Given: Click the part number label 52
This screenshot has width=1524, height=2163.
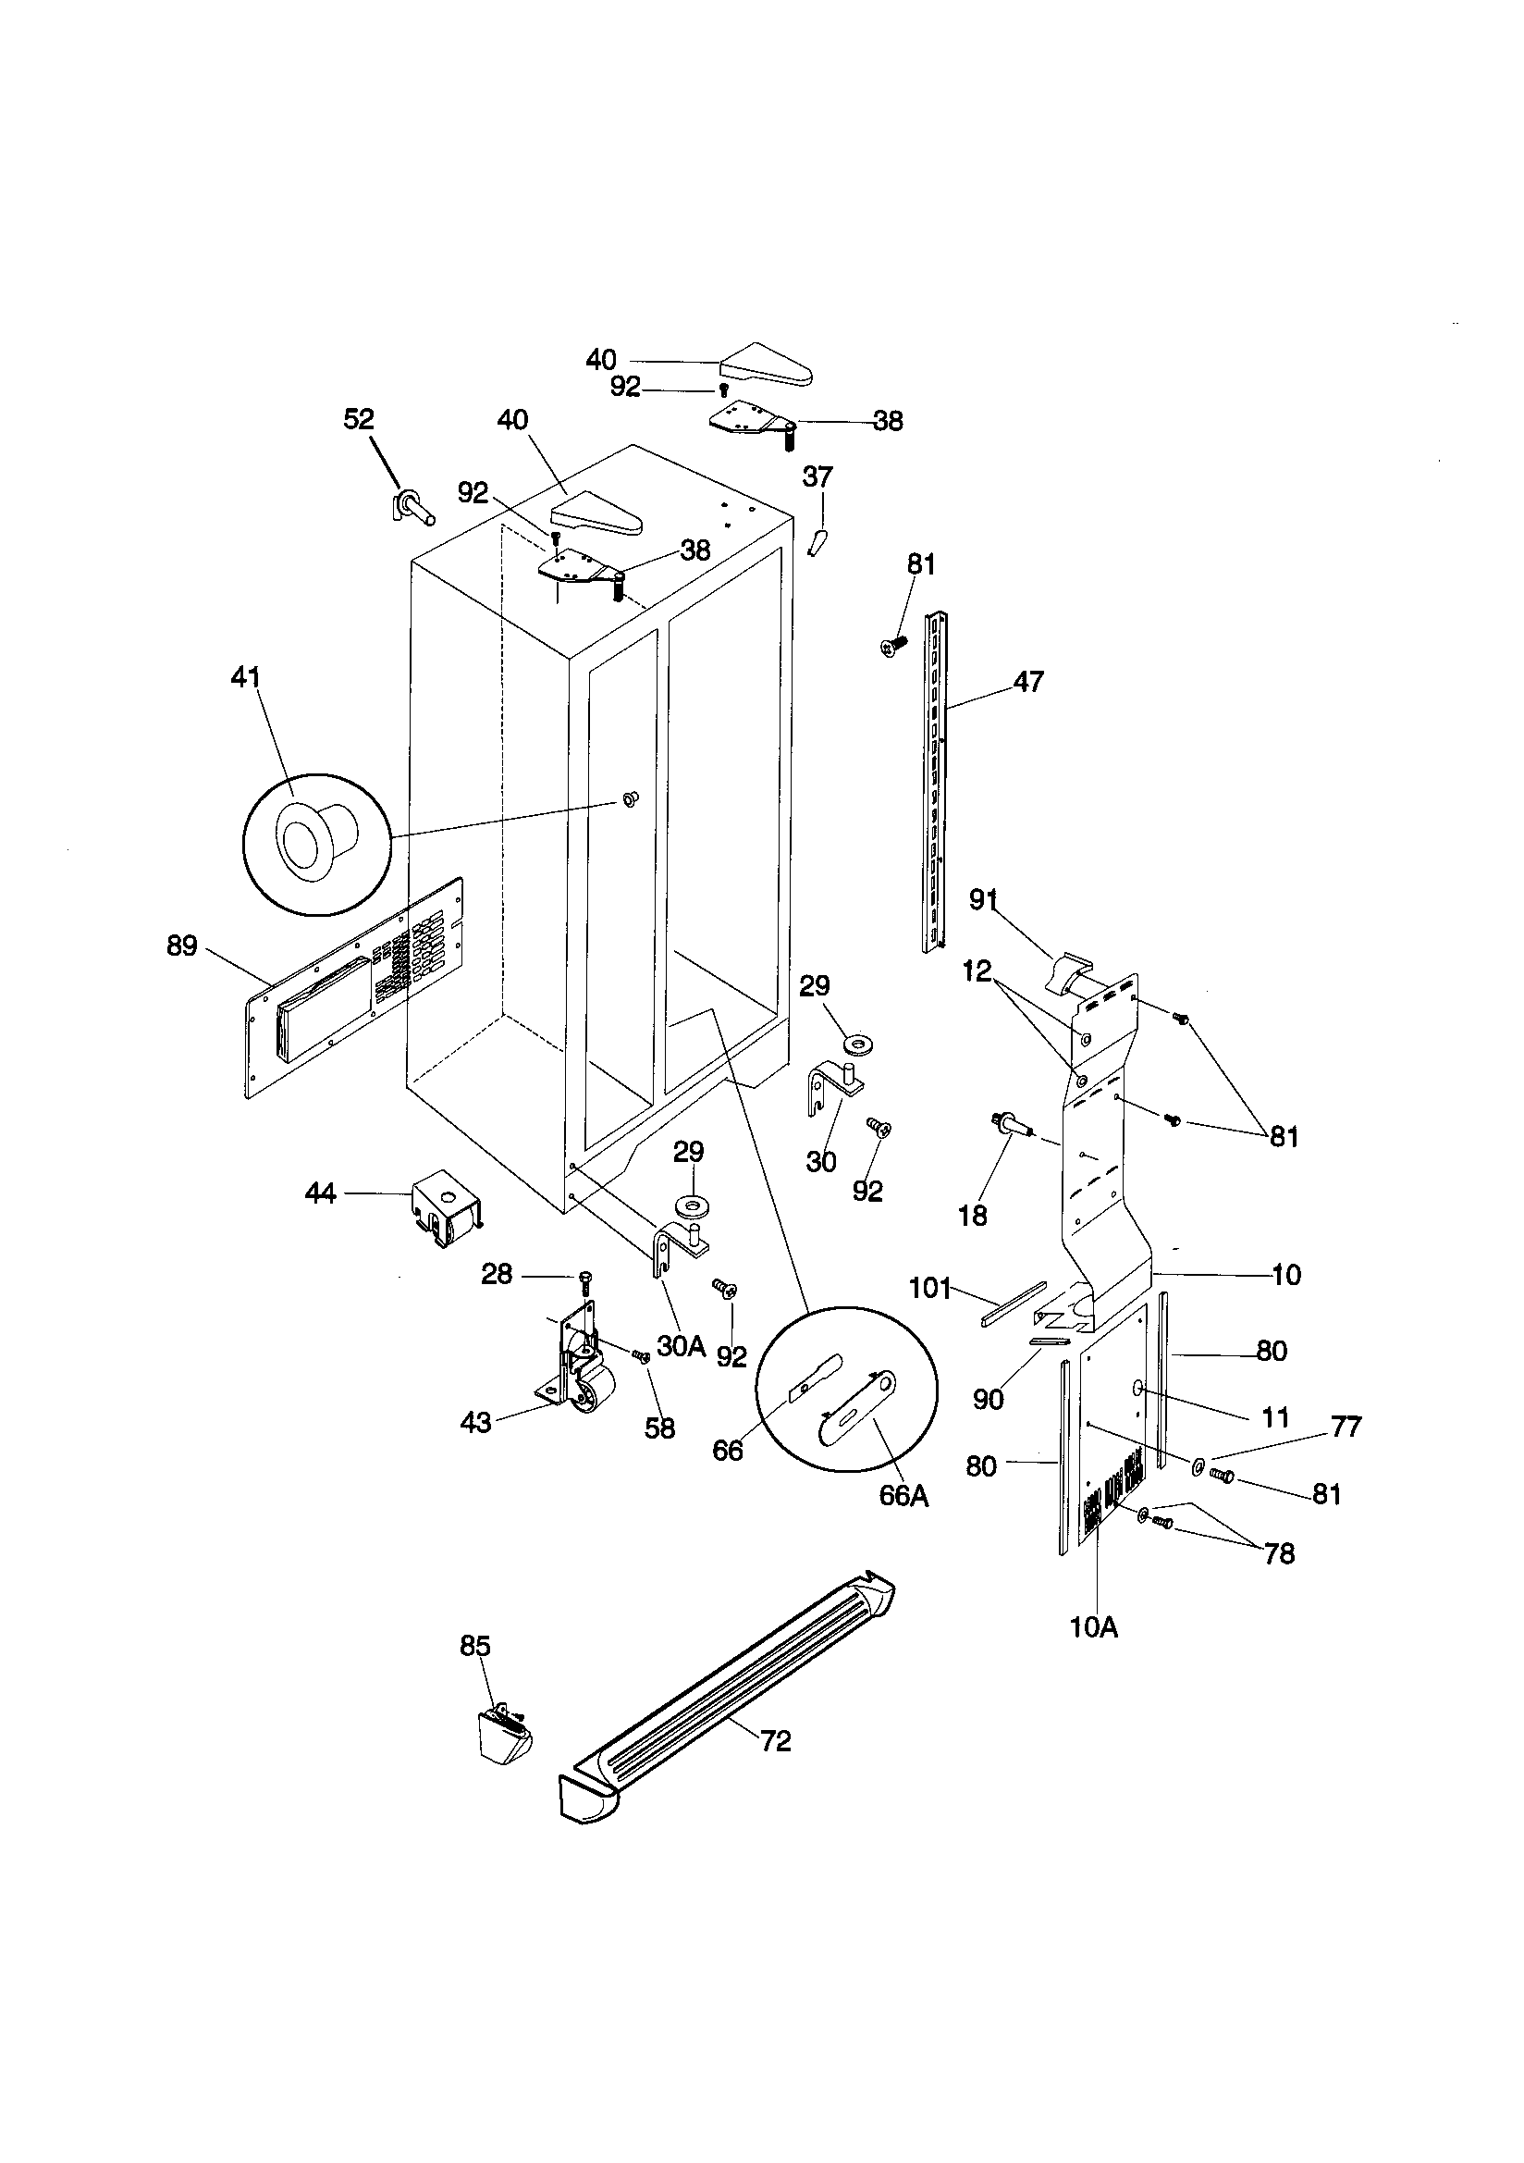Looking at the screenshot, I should point(359,419).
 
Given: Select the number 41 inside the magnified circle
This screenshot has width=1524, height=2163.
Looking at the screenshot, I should point(246,677).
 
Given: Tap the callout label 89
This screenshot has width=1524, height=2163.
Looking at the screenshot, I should point(182,945).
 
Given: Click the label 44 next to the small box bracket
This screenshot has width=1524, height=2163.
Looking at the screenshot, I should point(321,1193).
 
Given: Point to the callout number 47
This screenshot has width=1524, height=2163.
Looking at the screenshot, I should point(1028,681).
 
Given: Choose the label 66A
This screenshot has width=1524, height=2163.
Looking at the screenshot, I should point(903,1496).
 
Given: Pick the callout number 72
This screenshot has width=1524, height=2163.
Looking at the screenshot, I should point(776,1742).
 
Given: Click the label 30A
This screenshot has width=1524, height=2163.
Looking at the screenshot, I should point(681,1346).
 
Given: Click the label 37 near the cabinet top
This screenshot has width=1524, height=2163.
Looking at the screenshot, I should point(817,476).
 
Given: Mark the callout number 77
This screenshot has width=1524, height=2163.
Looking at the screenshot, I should point(1346,1428).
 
